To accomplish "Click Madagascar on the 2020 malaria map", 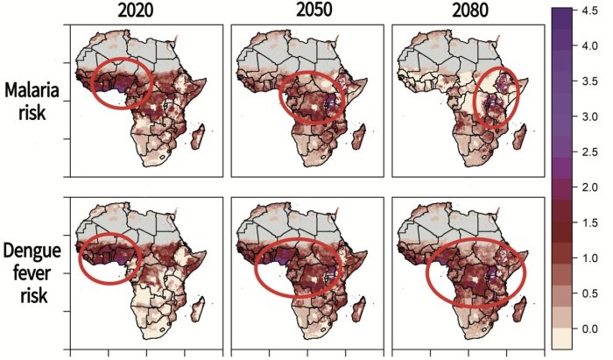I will (x=200, y=138).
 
